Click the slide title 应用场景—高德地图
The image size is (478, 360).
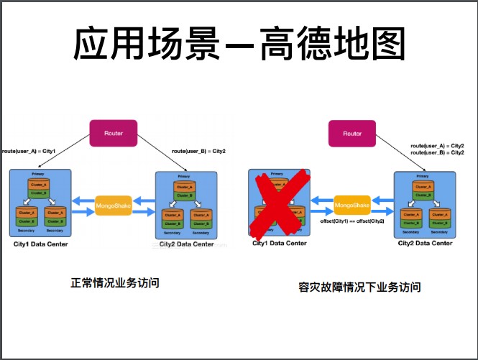[239, 45]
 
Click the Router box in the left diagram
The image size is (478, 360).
[113, 133]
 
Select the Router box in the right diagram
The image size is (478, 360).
[352, 134]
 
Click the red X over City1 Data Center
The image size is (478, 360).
[279, 204]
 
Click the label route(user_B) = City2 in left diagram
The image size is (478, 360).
[198, 152]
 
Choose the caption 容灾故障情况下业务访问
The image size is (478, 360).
[359, 287]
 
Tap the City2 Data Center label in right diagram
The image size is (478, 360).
[426, 244]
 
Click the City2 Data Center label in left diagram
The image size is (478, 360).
[186, 244]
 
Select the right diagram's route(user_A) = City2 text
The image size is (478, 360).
[437, 145]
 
